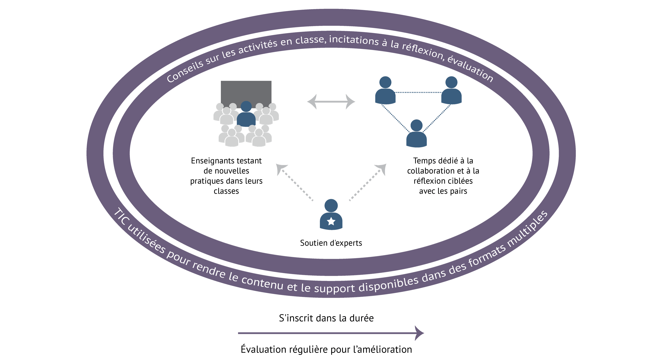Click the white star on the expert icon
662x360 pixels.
point(331,221)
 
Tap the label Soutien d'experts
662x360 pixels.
point(331,243)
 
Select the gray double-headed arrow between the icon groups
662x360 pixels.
point(331,102)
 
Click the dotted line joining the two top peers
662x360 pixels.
point(418,93)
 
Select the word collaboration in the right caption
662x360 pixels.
point(431,171)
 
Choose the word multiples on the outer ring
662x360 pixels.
point(528,229)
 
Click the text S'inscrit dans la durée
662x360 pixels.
point(326,318)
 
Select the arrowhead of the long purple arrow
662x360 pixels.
point(419,333)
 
